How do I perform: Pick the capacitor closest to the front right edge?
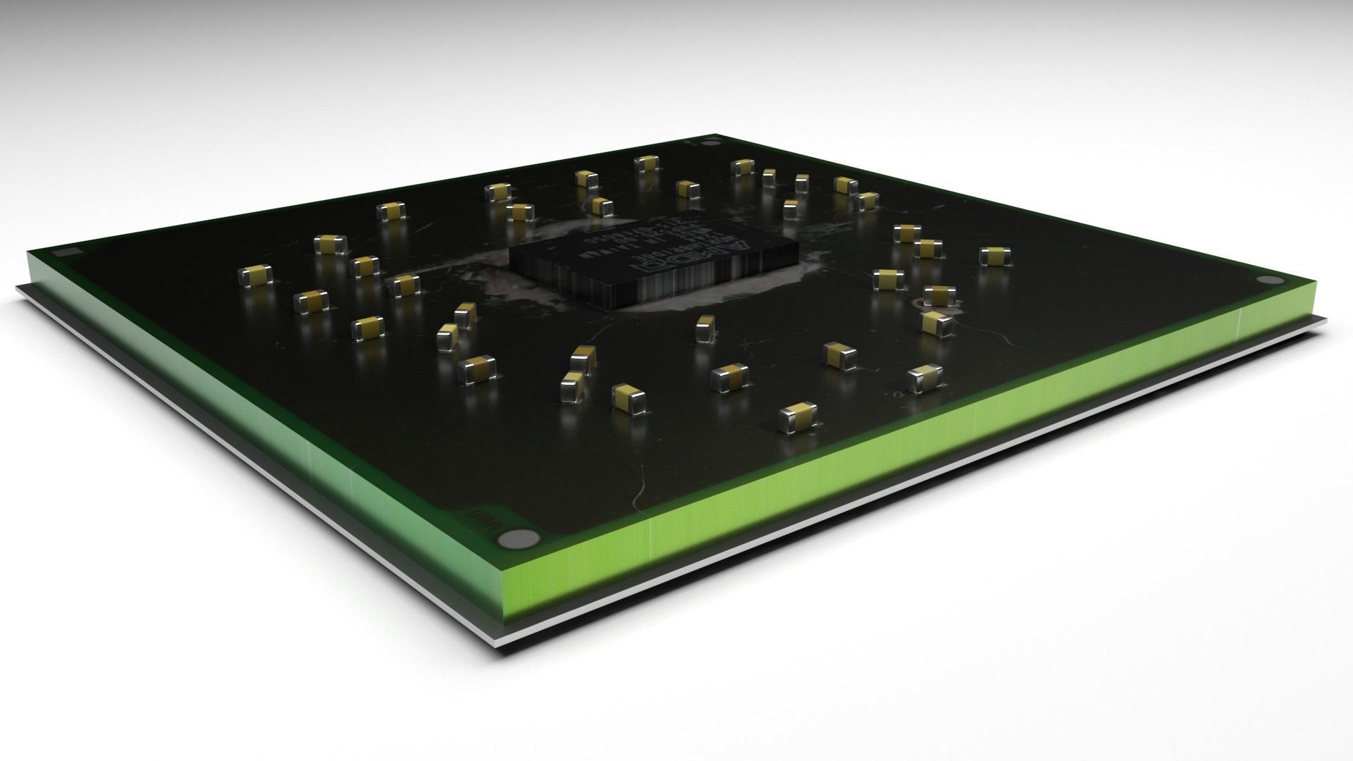point(798,416)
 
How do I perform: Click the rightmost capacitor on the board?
point(991,256)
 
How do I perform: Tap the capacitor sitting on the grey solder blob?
point(939,295)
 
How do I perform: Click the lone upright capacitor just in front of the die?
point(705,328)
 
